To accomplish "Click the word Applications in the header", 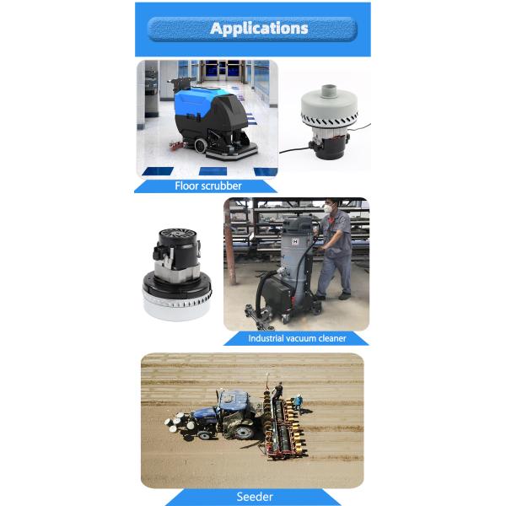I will pyautogui.click(x=259, y=29).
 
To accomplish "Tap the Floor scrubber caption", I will pyautogui.click(x=208, y=186).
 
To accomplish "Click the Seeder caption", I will pyautogui.click(x=253, y=497).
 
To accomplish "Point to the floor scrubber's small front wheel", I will pyautogui.click(x=201, y=146).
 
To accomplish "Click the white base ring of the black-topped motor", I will pyautogui.click(x=177, y=306).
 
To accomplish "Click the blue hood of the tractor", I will pyautogui.click(x=204, y=413).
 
